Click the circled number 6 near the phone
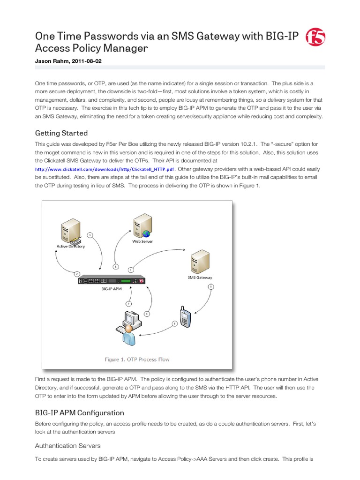point(175,323)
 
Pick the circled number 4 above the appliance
point(131,270)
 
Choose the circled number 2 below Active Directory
point(77,273)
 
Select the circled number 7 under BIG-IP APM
point(129,303)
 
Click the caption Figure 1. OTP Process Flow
point(136,360)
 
